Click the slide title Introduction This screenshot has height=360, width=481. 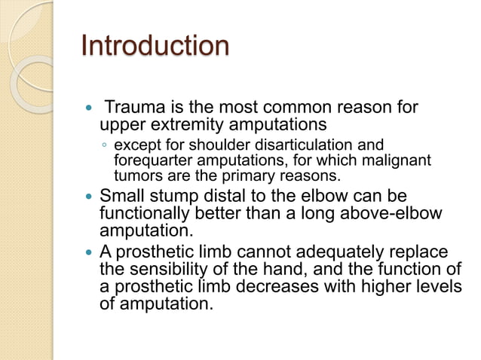coord(155,46)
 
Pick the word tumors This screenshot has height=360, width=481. coord(134,177)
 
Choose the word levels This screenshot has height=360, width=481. coord(435,287)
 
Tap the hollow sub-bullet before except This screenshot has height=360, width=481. coord(106,145)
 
